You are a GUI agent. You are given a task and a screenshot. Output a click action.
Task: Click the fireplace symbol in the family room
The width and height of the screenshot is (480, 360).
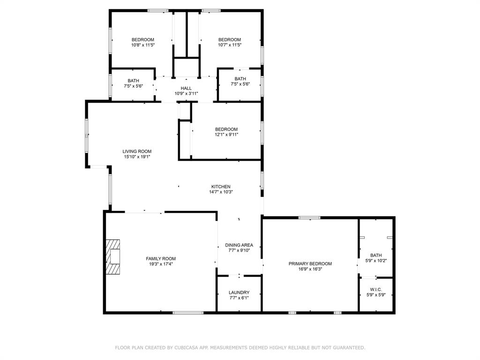[112, 256]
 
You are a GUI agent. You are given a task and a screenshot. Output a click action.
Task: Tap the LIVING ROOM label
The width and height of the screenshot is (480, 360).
[137, 151]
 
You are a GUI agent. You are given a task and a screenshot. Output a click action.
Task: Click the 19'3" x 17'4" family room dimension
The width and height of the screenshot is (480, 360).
[161, 264]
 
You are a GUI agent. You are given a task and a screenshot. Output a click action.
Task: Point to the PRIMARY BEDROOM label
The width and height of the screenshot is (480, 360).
[310, 264]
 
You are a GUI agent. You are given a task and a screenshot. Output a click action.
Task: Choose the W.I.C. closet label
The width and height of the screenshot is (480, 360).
[376, 290]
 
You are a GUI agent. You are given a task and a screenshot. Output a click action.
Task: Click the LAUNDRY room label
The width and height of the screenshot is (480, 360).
[239, 292]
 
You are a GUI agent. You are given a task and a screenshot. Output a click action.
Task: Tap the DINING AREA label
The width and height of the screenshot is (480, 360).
[239, 245]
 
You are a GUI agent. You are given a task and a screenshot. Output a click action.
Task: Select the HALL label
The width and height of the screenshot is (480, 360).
[186, 88]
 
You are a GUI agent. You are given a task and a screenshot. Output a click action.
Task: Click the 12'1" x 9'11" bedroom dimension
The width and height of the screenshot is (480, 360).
[226, 135]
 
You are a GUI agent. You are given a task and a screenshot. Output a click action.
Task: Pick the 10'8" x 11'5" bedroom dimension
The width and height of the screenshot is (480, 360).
[142, 45]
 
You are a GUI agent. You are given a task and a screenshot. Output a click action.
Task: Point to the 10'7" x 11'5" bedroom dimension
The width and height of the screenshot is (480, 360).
[230, 45]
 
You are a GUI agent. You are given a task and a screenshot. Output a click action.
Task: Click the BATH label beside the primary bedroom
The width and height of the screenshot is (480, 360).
[376, 255]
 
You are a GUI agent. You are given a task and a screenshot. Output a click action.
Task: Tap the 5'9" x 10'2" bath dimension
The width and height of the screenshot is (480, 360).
[376, 261]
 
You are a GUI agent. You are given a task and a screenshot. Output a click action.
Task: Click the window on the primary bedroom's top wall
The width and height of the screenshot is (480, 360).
[309, 217]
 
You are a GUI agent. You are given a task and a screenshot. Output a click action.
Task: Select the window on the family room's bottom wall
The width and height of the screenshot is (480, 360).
[188, 313]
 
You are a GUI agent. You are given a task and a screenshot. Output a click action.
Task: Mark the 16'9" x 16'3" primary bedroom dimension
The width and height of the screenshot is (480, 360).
[310, 269]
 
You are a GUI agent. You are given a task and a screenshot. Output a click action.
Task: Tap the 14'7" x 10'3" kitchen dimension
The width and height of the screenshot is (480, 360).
[221, 192]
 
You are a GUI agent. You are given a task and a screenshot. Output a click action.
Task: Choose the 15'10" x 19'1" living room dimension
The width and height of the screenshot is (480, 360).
[137, 157]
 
